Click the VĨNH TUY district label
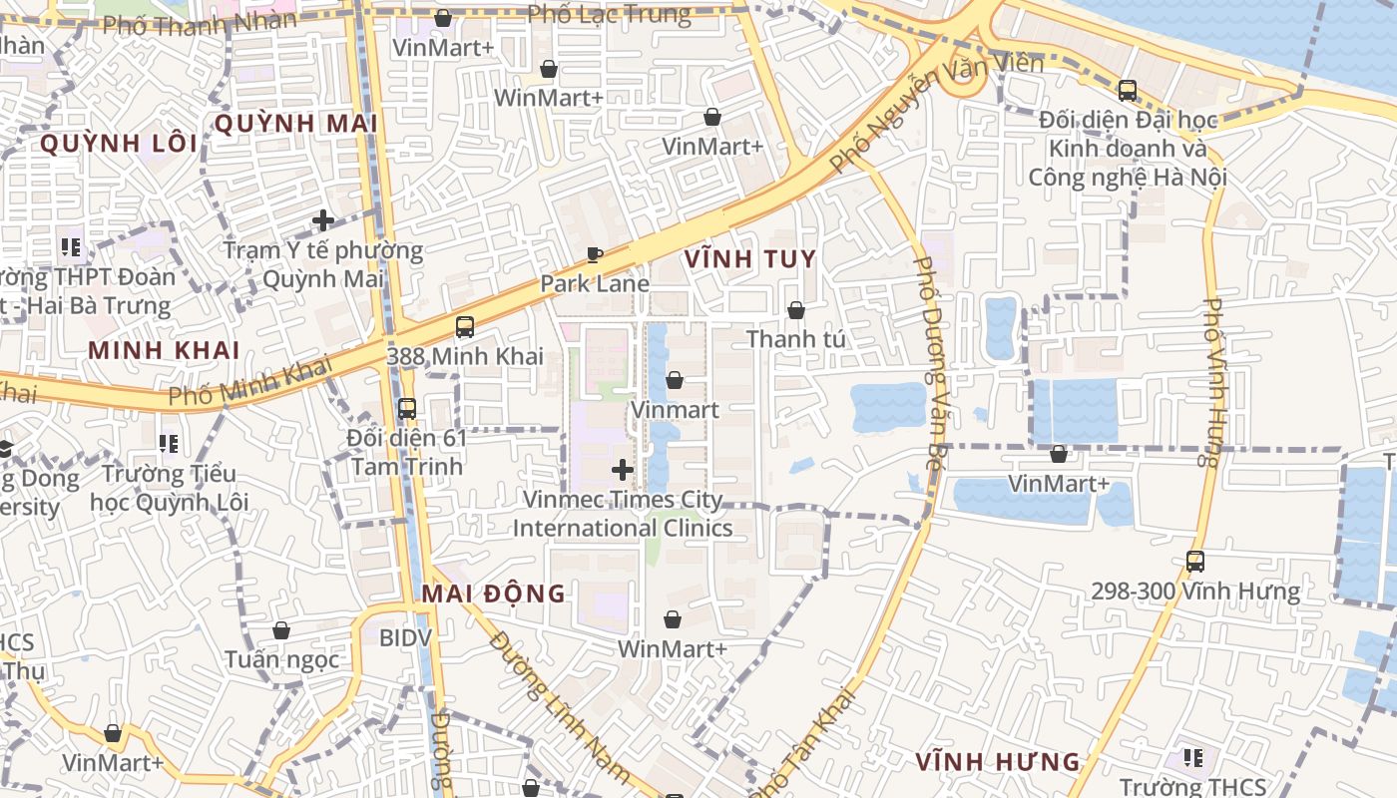(750, 259)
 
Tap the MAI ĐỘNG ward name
(493, 594)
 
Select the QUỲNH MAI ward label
(295, 124)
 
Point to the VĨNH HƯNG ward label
(998, 762)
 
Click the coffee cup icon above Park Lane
(595, 254)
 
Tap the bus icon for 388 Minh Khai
(464, 326)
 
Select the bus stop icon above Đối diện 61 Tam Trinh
(406, 408)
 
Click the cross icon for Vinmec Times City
(623, 469)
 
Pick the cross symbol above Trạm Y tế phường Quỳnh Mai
(322, 220)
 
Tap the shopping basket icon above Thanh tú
(795, 310)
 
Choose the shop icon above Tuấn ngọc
(281, 630)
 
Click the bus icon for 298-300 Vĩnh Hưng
(1194, 561)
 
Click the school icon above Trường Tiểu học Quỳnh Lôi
(168, 442)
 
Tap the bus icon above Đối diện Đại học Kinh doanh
(1127, 91)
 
